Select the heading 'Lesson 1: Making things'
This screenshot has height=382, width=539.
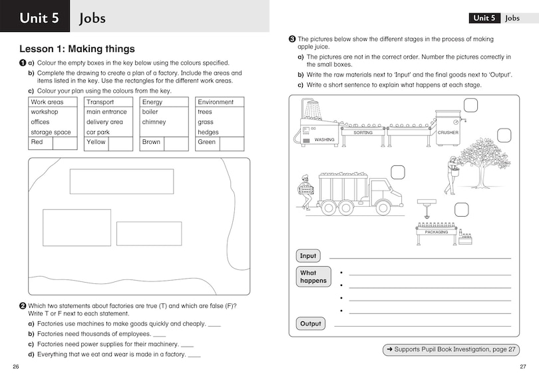coord(77,49)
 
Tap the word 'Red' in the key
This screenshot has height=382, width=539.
coord(37,142)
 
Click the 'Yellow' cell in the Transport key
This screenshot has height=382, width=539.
coord(96,142)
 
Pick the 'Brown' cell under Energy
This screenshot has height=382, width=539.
coord(151,142)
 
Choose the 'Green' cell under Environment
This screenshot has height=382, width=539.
coord(207,142)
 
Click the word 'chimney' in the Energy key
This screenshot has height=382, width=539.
coord(154,122)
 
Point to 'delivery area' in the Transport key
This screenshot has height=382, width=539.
coord(104,122)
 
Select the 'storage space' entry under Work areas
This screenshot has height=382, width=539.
coord(51,132)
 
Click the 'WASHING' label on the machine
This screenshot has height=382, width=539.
coord(324,140)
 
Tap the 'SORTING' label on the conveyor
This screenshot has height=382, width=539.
coord(363,133)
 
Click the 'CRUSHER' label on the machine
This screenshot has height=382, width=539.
coord(447,133)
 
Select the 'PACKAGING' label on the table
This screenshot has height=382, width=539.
coord(436,232)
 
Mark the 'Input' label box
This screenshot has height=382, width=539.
coord(308,256)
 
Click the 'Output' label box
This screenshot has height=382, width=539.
coord(310,324)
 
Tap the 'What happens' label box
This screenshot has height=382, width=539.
coord(313,277)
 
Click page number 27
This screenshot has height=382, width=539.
coord(522,367)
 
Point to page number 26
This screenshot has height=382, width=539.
coord(15,367)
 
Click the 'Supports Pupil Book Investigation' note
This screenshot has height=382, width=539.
coord(450,349)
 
